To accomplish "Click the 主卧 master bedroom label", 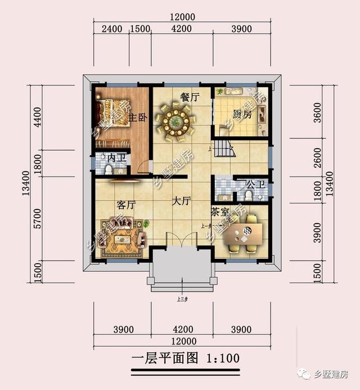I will click(138, 118).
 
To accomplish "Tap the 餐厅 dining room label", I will click(189, 97).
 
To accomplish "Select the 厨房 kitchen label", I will click(242, 114).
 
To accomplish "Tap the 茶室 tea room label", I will click(220, 212).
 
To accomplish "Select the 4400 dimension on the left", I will click(38, 118).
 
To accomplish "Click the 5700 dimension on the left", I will click(38, 218).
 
